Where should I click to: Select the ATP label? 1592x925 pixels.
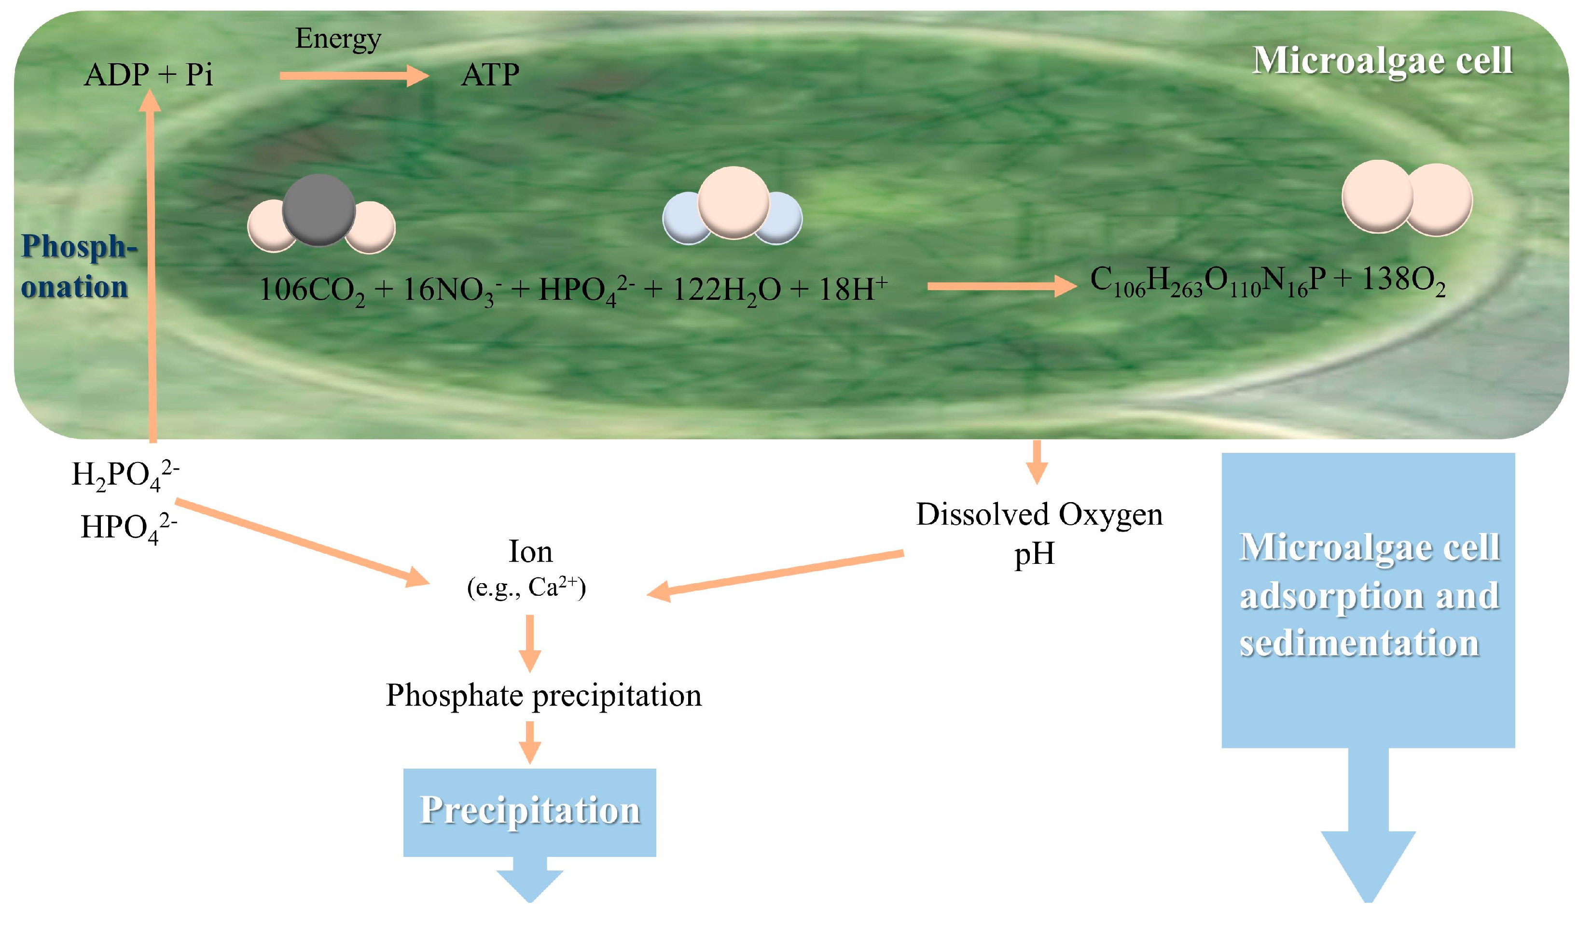click(x=490, y=75)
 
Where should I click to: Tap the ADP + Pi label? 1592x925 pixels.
click(x=149, y=75)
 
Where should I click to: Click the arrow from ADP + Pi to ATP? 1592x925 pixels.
click(x=354, y=76)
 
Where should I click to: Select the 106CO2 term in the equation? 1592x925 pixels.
click(x=311, y=291)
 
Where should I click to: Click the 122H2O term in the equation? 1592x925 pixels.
click(x=726, y=291)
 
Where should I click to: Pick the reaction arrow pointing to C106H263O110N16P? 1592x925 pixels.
click(x=1001, y=286)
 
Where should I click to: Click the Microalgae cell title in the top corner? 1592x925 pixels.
click(x=1382, y=61)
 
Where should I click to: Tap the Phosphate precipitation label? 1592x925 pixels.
click(x=543, y=696)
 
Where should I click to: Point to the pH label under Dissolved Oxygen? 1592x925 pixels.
click(x=1034, y=555)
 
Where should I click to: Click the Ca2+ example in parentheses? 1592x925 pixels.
click(x=552, y=587)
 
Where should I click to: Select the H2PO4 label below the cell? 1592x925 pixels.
click(x=125, y=475)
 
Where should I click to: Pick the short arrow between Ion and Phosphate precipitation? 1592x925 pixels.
click(x=529, y=643)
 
